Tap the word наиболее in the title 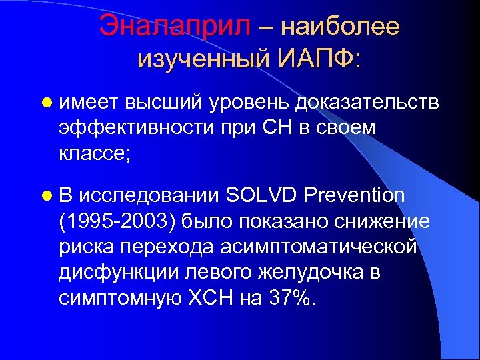(x=341, y=26)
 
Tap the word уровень (x=251, y=101)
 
